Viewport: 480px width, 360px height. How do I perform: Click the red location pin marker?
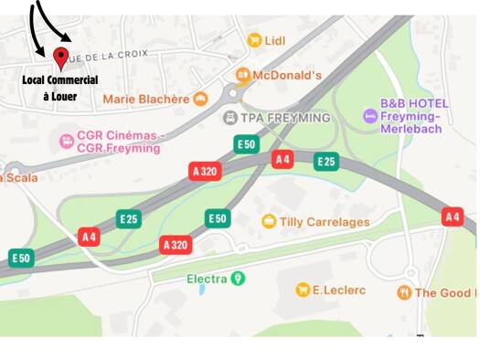[x=60, y=59]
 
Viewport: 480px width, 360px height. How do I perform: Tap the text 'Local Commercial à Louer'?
[x=60, y=88]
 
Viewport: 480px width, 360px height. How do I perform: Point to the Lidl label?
[x=275, y=40]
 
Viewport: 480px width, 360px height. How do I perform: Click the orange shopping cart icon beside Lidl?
[x=254, y=40]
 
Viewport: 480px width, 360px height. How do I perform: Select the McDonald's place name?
[x=287, y=74]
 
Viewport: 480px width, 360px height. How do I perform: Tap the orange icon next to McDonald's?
[x=242, y=74]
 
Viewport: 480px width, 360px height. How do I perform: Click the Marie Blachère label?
[x=146, y=99]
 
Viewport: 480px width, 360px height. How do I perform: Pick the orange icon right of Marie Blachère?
[x=201, y=99]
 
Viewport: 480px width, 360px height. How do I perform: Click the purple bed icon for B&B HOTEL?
[x=369, y=115]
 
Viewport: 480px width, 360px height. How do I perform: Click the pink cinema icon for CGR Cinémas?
[x=66, y=141]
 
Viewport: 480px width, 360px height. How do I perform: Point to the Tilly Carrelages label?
[x=325, y=221]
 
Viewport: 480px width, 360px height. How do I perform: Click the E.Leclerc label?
[x=339, y=290]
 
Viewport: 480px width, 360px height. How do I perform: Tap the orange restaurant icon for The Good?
[x=403, y=292]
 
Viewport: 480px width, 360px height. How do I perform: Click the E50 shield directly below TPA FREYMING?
[x=246, y=144]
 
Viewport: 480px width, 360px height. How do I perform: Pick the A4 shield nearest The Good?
[x=452, y=217]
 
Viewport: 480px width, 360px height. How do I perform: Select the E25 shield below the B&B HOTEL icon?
[x=326, y=162]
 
